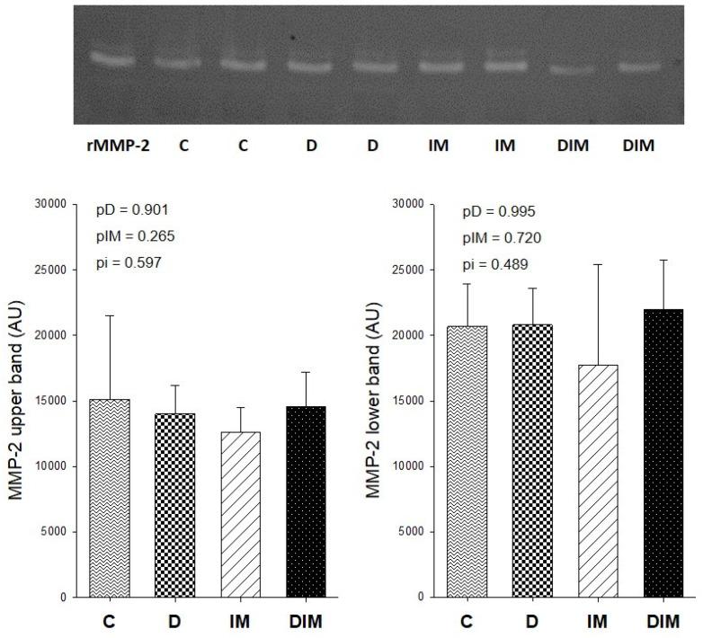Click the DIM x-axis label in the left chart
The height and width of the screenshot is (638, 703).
pos(306,621)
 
